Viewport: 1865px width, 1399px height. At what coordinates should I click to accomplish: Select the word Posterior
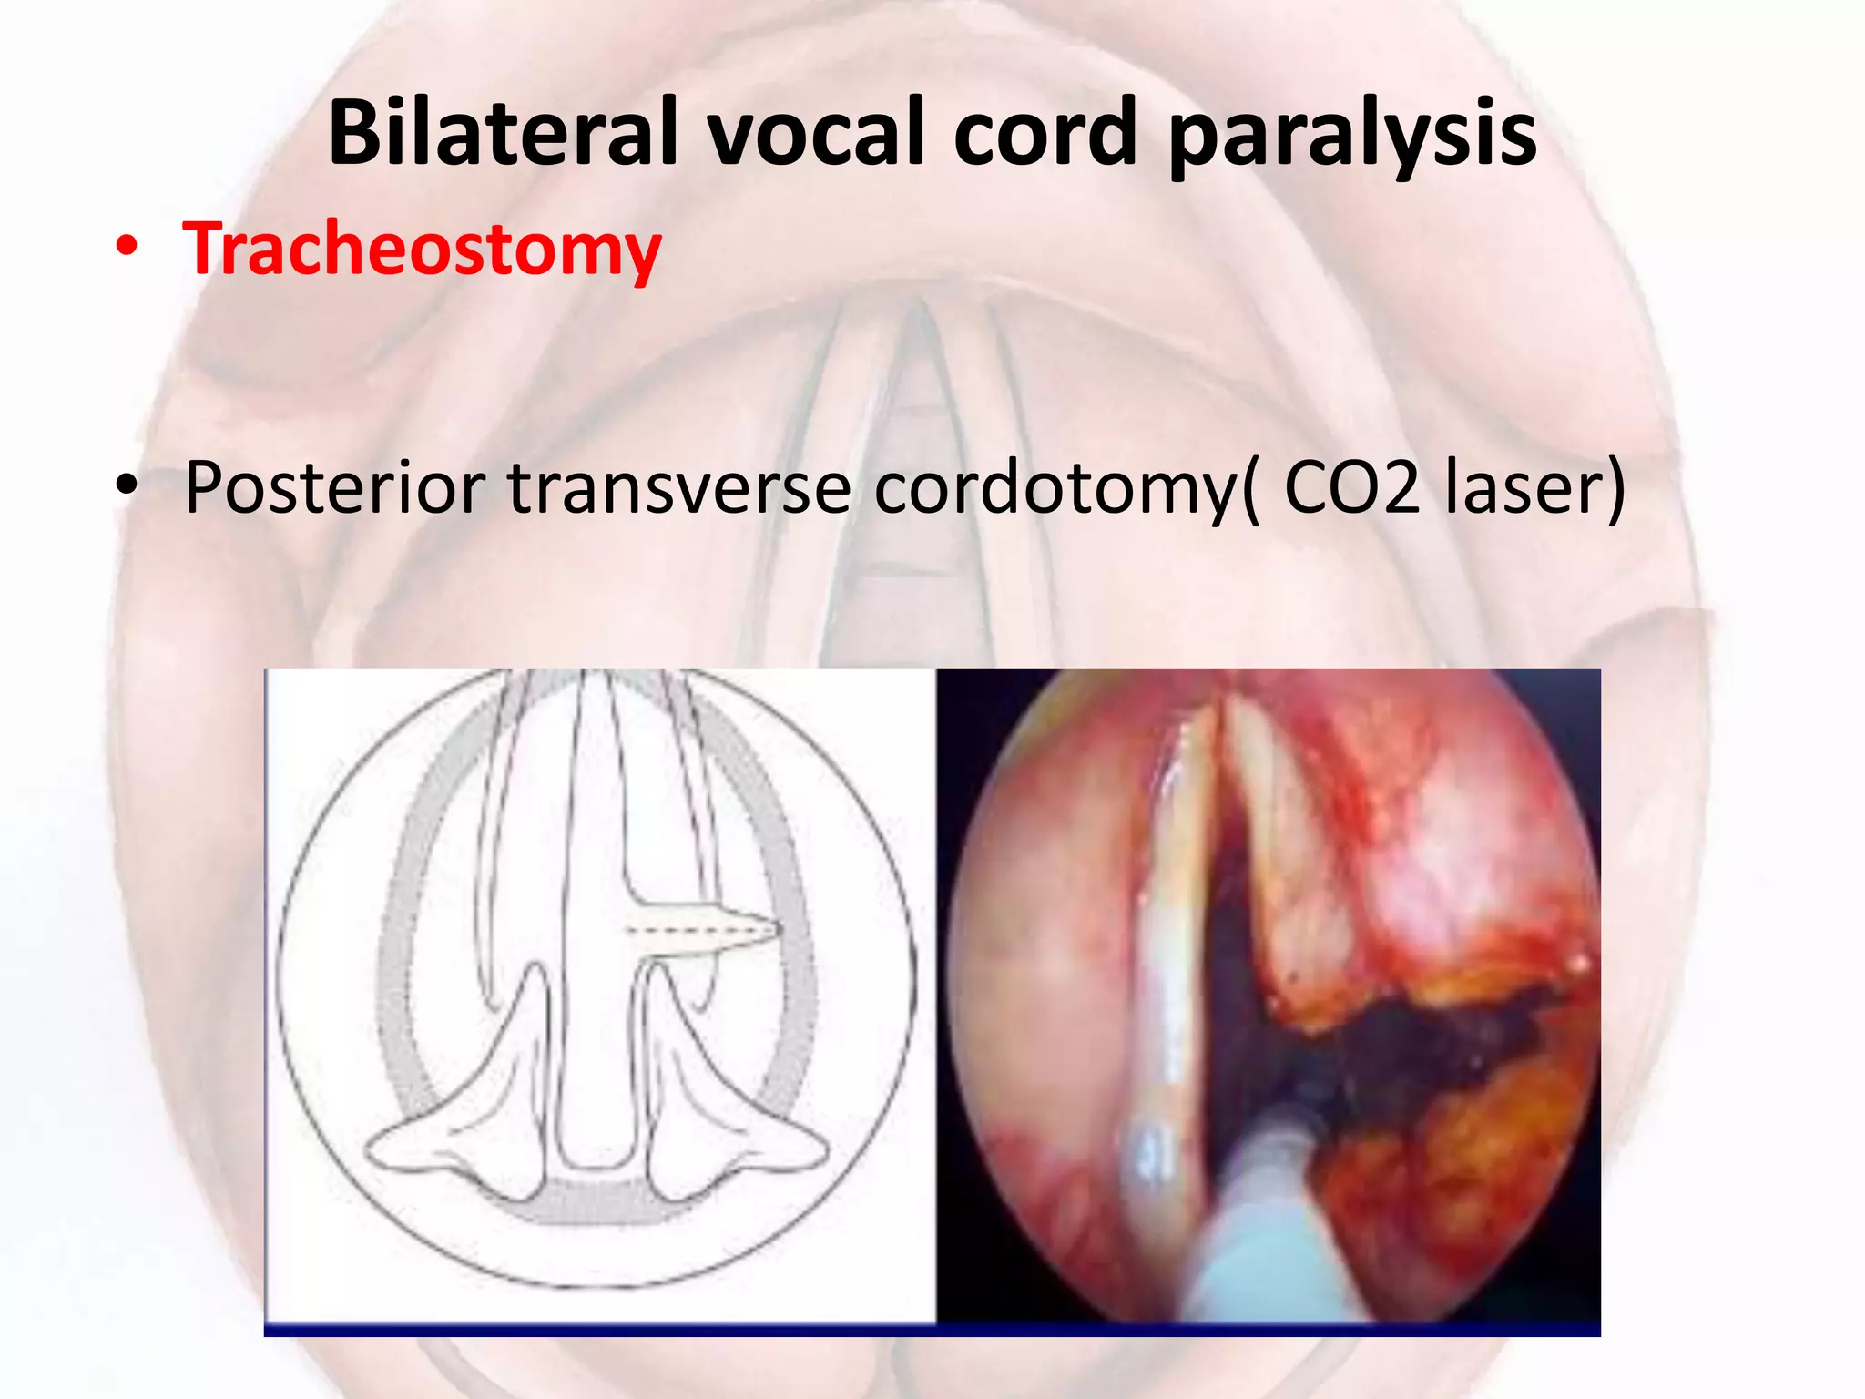pos(333,488)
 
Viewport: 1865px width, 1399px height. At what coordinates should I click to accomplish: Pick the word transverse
pos(678,488)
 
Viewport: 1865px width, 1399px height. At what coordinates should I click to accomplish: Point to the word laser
pos(1523,488)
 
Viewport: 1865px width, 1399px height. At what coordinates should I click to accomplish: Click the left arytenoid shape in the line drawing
pos(455,1120)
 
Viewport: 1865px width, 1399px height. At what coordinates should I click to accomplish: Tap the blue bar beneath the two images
pos(931,1331)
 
